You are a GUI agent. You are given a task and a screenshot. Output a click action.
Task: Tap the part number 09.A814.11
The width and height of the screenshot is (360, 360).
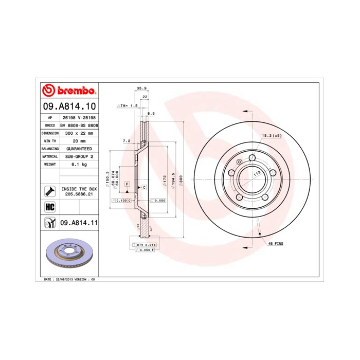pos(79,223)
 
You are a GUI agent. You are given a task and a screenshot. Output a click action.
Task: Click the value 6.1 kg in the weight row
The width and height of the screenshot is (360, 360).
pos(79,164)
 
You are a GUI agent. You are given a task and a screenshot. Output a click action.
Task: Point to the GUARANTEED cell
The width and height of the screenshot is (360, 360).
pos(79,148)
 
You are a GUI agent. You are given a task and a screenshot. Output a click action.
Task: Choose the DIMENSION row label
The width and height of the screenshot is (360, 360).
pos(50,133)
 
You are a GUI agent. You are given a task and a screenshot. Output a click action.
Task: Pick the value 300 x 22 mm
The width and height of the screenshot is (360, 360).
pos(79,133)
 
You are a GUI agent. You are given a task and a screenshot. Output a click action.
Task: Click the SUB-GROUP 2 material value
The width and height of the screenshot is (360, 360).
pos(79,156)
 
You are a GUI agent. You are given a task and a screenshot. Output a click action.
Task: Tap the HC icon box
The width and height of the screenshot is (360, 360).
pos(50,207)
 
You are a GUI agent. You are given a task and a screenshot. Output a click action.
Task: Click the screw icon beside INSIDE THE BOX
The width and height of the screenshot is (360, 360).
pos(50,191)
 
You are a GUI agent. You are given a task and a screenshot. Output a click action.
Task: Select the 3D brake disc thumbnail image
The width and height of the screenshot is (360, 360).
pos(68,255)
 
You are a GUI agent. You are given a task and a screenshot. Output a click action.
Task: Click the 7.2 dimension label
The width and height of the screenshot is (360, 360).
pos(126,140)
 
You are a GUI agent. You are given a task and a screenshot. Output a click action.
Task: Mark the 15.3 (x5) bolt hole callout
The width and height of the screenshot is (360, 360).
pos(272,135)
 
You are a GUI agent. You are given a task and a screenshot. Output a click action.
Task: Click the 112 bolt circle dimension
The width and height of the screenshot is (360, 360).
pos(255,174)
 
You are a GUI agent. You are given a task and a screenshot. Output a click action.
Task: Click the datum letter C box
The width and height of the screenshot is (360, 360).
pos(145,187)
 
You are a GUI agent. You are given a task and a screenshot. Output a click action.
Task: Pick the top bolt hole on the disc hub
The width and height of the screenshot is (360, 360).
pos(252,158)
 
